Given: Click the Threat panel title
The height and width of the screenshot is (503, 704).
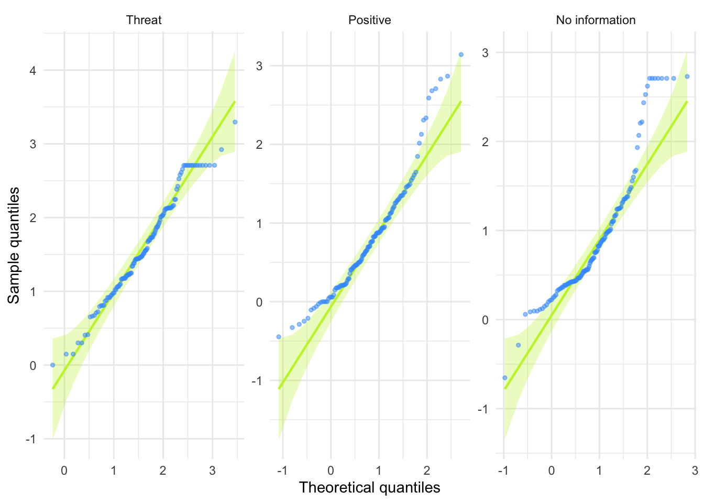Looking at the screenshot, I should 144,20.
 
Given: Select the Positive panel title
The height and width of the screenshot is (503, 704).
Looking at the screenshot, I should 369,20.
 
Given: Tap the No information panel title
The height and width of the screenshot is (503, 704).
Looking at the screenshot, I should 596,20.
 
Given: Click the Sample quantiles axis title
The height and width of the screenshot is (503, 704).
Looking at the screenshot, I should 14,245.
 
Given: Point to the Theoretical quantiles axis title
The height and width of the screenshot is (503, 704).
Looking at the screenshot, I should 369,488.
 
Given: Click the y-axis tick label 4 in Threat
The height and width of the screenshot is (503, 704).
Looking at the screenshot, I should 33,71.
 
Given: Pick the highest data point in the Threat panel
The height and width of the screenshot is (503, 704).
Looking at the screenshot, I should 235,122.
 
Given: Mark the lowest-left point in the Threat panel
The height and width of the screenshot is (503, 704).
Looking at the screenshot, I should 52,365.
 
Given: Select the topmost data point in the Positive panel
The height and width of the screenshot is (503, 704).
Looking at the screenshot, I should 461,54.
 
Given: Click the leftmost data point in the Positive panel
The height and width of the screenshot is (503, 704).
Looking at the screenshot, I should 279,337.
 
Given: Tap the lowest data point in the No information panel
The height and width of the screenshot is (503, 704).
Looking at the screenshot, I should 505,378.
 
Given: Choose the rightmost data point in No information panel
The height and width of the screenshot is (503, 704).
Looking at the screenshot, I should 687,76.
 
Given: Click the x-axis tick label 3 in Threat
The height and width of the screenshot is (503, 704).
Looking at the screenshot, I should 212,471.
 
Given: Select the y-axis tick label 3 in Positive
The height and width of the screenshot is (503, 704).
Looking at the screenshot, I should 259,66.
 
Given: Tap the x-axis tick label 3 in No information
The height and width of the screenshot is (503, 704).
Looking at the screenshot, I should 695,471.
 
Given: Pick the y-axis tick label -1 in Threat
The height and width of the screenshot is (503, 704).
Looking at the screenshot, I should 31,440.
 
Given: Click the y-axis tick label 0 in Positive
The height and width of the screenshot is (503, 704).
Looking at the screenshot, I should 259,302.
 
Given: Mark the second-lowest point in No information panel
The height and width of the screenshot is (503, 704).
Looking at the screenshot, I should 519,345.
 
